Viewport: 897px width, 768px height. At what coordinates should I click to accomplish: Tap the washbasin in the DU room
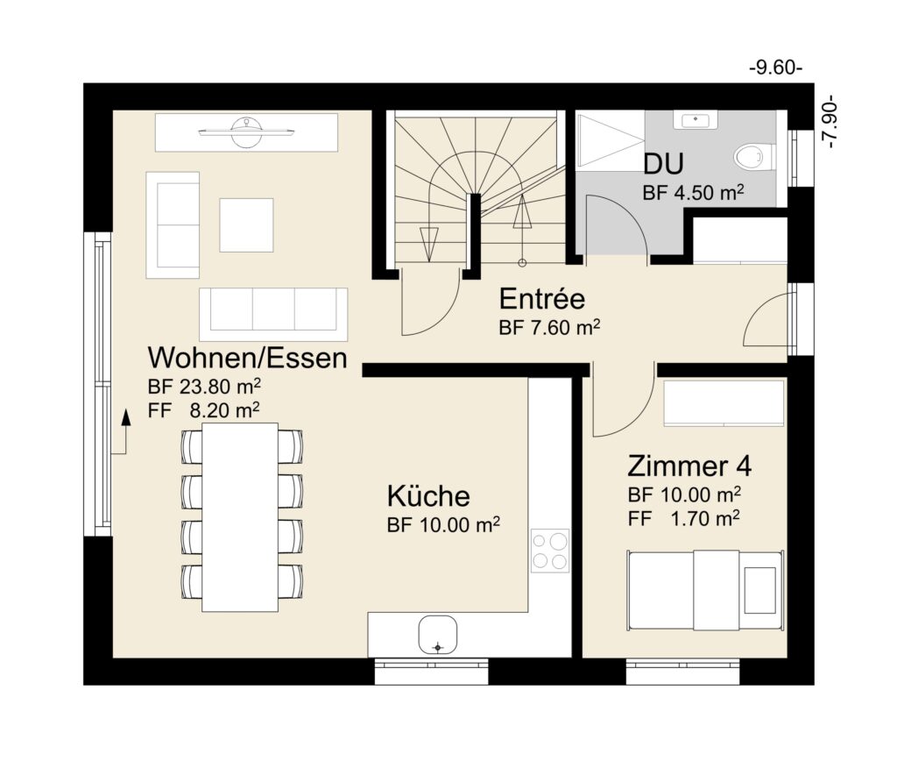[696, 120]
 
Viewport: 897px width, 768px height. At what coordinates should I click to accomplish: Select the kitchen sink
[438, 635]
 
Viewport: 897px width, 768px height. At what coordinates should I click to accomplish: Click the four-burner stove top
[550, 551]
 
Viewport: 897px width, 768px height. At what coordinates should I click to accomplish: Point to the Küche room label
[428, 496]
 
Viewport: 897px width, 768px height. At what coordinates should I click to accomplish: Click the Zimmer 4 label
[689, 466]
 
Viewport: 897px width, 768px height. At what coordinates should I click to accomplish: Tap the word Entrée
[541, 299]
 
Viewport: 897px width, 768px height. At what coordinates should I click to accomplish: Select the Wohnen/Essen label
[247, 358]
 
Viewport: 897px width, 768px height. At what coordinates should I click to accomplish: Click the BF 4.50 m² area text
[694, 192]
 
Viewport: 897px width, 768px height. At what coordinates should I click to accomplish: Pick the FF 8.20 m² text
[203, 410]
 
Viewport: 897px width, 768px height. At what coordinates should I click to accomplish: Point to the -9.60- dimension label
[776, 68]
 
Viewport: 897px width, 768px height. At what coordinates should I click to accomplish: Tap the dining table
[240, 517]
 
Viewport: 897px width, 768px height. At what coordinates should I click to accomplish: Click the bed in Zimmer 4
[705, 590]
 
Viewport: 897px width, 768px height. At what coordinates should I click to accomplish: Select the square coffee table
[246, 225]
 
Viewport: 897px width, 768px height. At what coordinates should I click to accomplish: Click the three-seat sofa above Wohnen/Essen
[273, 315]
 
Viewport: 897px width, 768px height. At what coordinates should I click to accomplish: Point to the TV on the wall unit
[246, 132]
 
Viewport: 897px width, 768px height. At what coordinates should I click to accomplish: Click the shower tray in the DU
[611, 141]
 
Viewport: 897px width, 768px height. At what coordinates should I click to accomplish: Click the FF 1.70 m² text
[683, 519]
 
